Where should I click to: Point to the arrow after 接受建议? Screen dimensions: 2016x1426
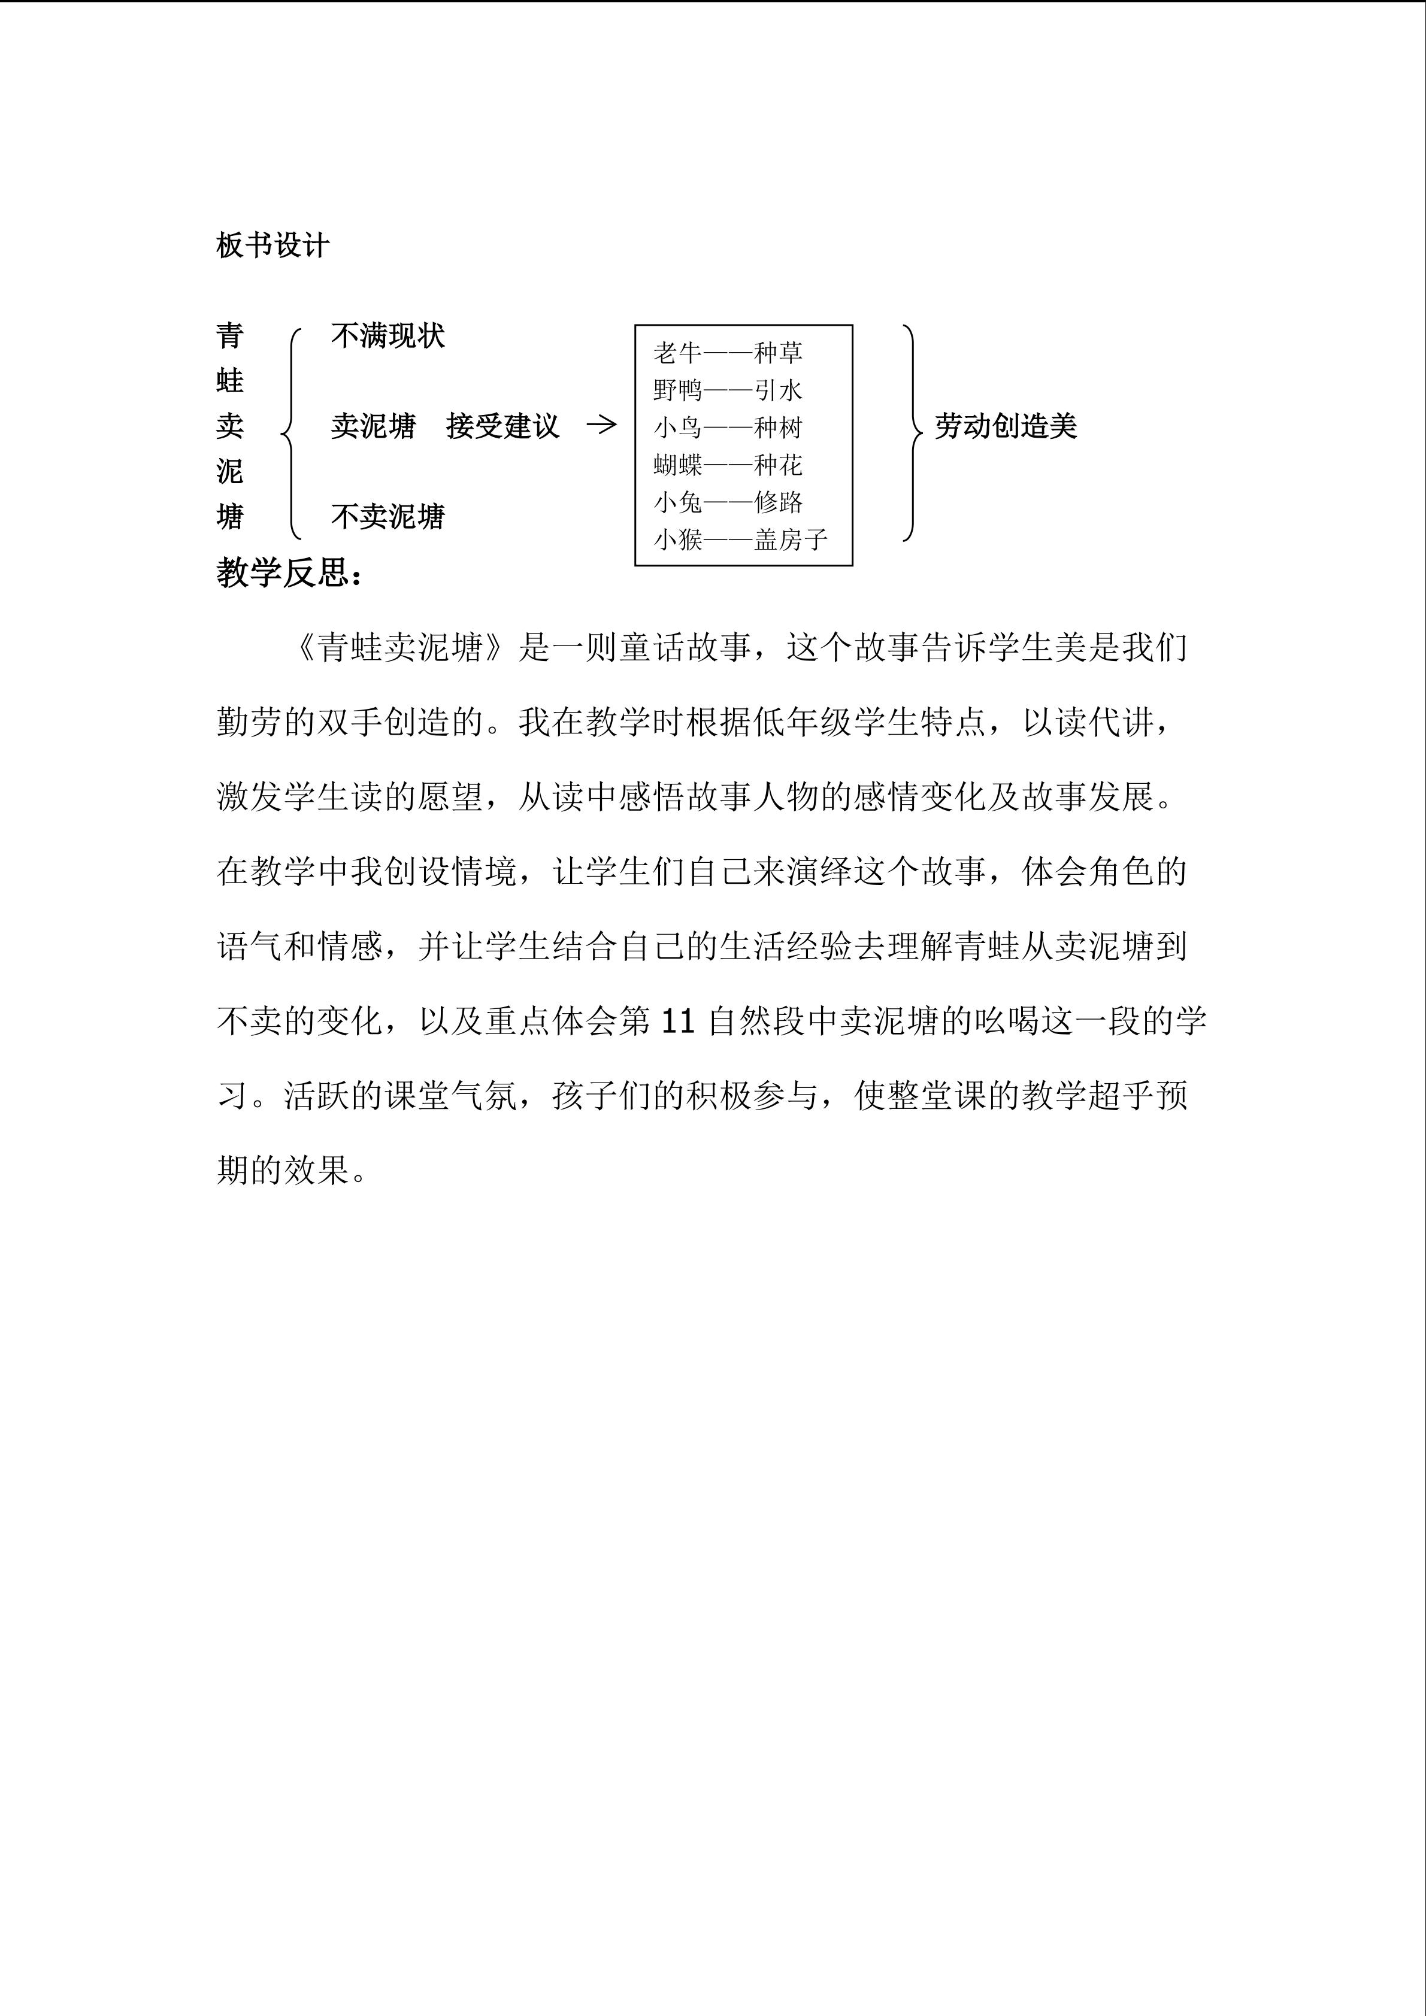coord(601,425)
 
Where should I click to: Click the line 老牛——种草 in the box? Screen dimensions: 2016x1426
coord(728,353)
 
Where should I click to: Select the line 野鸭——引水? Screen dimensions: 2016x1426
coord(728,390)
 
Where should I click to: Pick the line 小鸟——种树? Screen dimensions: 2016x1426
coord(728,428)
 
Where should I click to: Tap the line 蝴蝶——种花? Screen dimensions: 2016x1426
coord(728,465)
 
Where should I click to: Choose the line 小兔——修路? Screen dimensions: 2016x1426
coord(728,502)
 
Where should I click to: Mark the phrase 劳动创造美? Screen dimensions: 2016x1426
coord(1006,427)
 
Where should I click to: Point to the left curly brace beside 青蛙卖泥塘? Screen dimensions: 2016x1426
coord(290,432)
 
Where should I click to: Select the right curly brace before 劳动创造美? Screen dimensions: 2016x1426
coord(912,432)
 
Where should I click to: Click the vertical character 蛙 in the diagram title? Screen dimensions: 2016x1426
coord(230,381)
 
